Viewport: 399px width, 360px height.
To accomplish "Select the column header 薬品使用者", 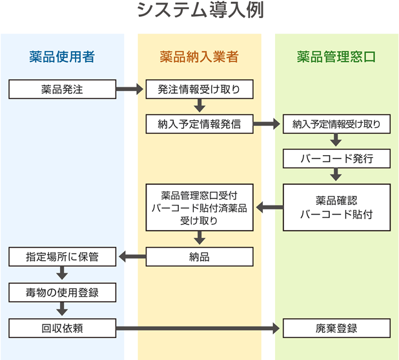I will tap(62, 57).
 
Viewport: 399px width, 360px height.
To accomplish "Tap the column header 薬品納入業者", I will tap(199, 57).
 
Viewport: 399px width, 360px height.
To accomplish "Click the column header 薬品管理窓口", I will tap(336, 57).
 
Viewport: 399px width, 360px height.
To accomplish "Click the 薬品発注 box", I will tap(62, 89).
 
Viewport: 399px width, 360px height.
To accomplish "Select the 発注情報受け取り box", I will tap(199, 89).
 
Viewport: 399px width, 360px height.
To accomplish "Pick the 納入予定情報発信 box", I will tap(199, 124).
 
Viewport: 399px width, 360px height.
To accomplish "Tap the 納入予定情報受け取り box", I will tap(336, 124).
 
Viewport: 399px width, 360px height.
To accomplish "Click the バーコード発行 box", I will tap(336, 158).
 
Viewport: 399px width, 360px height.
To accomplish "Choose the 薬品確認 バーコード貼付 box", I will tap(336, 207).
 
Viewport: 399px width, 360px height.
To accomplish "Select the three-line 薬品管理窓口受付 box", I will tap(199, 207).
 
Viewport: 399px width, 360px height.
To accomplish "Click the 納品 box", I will tap(199, 257).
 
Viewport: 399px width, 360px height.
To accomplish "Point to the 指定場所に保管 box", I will tap(62, 257).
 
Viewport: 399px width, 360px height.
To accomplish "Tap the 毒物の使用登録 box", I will tap(62, 293).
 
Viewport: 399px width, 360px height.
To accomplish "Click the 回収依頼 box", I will tap(62, 328).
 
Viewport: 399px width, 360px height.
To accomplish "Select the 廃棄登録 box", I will tap(336, 328).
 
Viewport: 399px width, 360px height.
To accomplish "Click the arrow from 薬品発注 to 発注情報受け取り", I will tap(130, 89).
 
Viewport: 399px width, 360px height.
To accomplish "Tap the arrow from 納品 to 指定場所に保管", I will tap(131, 257).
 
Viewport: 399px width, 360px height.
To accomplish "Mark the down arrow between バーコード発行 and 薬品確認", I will tap(336, 175).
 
